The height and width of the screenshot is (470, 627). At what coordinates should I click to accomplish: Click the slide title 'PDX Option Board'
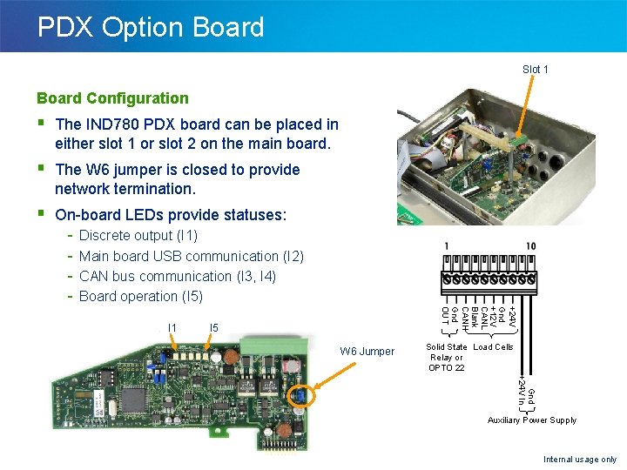point(151,27)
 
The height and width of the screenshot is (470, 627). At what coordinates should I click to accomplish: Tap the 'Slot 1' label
point(535,69)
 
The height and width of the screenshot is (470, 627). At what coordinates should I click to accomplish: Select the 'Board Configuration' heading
point(112,98)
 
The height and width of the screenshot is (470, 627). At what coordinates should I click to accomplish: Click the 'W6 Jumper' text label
point(367,352)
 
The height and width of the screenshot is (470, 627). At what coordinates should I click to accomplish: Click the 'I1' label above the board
point(172,328)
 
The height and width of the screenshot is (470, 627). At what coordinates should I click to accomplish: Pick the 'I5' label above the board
point(213,328)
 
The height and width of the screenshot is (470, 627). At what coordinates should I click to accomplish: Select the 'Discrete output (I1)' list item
point(138,236)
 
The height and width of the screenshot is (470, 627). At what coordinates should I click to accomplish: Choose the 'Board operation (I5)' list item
point(140,296)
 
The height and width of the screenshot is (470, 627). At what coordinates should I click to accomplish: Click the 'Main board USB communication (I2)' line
point(191,256)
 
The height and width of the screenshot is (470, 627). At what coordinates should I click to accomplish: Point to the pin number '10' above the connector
point(530,247)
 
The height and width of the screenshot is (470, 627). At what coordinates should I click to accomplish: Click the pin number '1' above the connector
point(447,247)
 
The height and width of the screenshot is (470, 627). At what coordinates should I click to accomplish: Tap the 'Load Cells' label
point(493,347)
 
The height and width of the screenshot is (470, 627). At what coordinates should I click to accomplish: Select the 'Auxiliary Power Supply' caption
point(531,420)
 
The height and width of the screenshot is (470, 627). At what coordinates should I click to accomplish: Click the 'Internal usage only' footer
point(579,459)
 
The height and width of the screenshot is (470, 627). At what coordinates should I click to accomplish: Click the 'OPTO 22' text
point(446,367)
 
